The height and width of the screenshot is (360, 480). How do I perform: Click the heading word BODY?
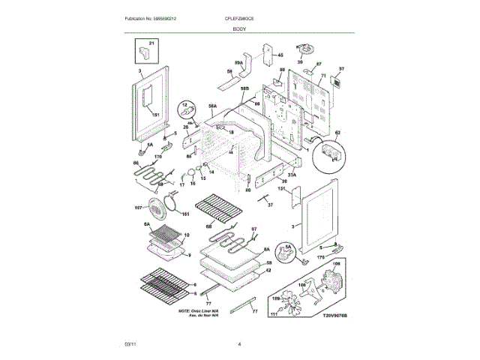[x=239, y=27]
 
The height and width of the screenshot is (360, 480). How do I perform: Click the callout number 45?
[x=281, y=55]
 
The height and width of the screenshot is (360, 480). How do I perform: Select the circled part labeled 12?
[x=182, y=112]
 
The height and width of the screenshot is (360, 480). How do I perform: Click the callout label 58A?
[x=212, y=107]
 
